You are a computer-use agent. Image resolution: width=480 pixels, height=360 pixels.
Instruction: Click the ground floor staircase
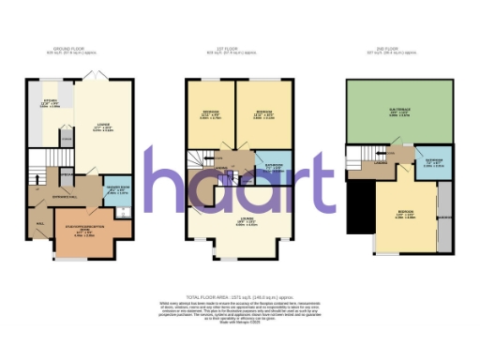pos(43,172)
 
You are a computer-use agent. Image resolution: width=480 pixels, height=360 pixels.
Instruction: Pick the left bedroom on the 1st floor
pos(211,116)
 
